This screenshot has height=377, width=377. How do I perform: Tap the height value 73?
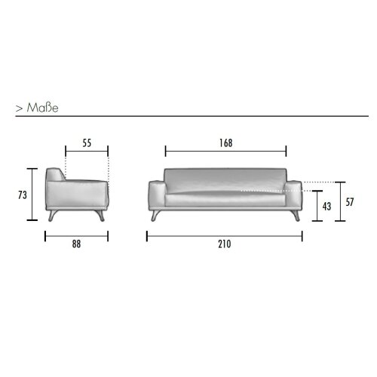click(x=22, y=194)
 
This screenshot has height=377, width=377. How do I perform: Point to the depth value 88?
click(x=76, y=244)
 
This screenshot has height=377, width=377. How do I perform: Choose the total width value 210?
click(x=224, y=244)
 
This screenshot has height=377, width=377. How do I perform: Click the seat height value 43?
click(x=326, y=206)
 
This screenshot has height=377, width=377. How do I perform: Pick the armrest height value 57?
click(x=349, y=201)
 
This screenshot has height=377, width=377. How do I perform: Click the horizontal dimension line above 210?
click(x=224, y=234)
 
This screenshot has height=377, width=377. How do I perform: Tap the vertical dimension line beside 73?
click(x=32, y=194)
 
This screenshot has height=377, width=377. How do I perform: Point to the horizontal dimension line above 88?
click(x=76, y=234)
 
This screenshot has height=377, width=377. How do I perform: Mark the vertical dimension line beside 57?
click(x=341, y=201)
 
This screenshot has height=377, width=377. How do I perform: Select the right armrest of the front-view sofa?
click(x=294, y=194)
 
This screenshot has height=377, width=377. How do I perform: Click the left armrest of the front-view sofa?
click(x=156, y=194)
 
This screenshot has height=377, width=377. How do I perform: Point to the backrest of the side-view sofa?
click(x=54, y=176)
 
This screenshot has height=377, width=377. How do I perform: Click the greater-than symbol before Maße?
click(x=18, y=108)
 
